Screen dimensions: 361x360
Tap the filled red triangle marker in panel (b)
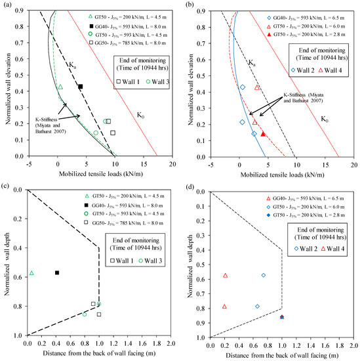[263, 134]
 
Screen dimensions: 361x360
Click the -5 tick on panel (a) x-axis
[29, 163]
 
